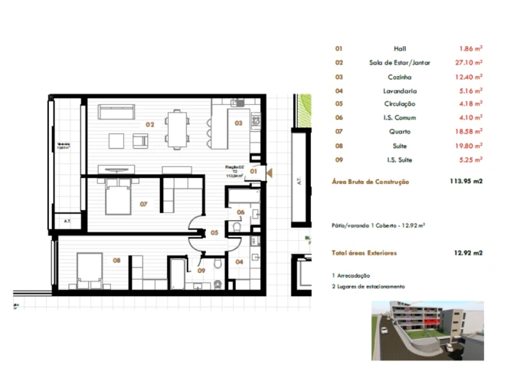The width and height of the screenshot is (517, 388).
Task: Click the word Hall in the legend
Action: (x=399, y=48)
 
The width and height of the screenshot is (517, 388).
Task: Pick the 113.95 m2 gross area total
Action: (x=466, y=182)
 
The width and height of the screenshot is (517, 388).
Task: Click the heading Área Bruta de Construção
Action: (x=371, y=182)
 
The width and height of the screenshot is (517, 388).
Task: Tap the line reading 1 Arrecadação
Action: (x=352, y=275)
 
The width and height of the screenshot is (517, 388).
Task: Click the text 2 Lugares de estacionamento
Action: (x=368, y=286)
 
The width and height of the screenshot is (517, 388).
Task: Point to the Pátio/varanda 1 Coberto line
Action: (x=378, y=226)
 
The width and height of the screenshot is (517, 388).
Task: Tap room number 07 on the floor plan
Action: (x=143, y=204)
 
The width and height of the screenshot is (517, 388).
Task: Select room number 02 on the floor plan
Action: (x=150, y=123)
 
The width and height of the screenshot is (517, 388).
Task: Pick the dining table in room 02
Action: (x=179, y=129)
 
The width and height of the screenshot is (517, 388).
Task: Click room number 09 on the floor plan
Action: (x=201, y=270)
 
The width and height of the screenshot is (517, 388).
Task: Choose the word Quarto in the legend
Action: (x=399, y=132)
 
